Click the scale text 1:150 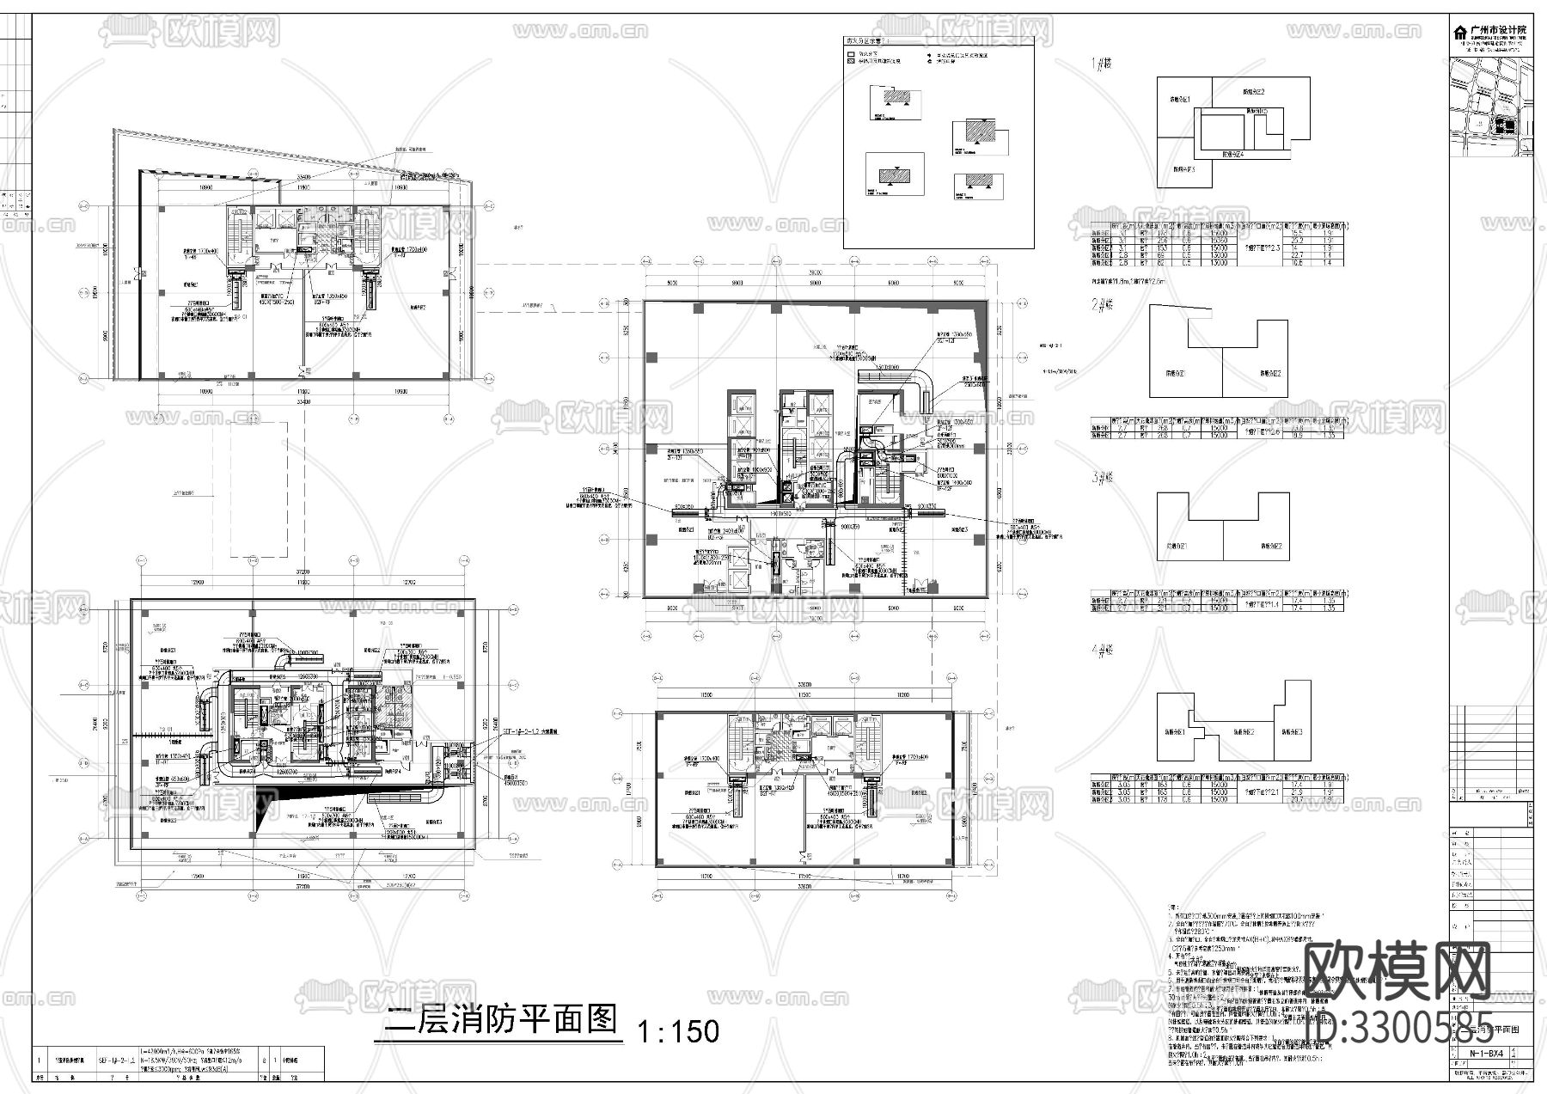pos(678,1030)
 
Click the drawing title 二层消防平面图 pos(502,1020)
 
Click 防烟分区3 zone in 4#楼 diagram pos(1289,732)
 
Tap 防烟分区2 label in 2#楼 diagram pos(1270,374)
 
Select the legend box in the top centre pos(938,142)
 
